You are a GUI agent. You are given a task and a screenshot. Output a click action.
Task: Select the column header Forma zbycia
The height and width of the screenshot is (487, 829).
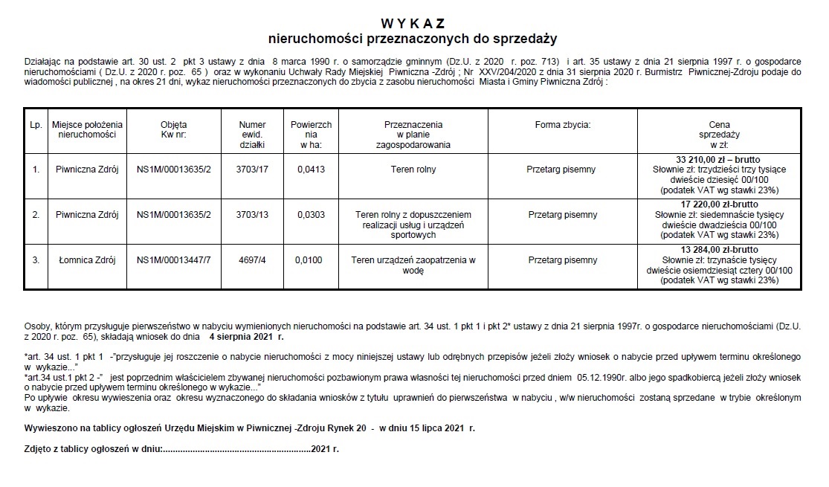click(562, 124)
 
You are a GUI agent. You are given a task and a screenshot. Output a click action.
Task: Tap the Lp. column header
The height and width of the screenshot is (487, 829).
click(36, 124)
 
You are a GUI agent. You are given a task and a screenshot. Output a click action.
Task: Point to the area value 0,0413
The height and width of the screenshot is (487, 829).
click(306, 170)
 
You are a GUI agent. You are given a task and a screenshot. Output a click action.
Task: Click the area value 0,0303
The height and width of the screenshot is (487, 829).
click(306, 215)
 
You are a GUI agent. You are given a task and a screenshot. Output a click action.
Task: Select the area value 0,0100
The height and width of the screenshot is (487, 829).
click(306, 260)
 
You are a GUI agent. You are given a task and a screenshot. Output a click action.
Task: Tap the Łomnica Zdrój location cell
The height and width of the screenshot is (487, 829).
click(87, 260)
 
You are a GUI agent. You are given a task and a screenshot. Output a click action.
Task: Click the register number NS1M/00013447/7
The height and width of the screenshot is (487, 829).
click(174, 260)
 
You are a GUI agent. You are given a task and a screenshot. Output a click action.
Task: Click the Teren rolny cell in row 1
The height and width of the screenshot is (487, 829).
click(413, 170)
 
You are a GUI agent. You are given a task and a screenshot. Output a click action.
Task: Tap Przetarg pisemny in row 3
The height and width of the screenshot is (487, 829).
click(562, 260)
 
